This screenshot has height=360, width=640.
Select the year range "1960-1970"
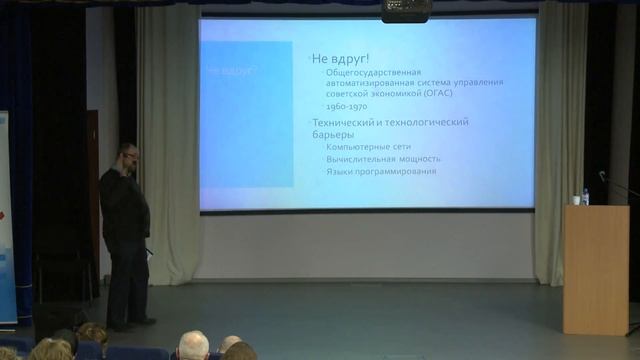(345, 106)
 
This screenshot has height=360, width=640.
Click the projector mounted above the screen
(406, 10)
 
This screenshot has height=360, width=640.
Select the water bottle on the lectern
(585, 197)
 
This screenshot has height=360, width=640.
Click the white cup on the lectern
(575, 200)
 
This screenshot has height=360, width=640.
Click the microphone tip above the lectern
(602, 175)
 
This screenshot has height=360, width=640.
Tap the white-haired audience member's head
(193, 345)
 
